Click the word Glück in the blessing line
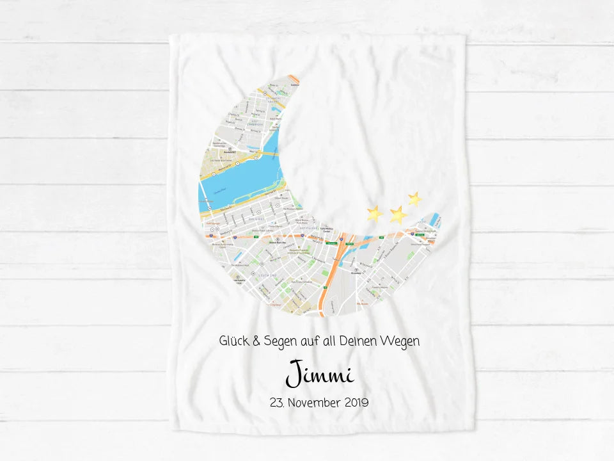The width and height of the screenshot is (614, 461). tap(233, 341)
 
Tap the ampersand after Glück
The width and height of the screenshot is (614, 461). tap(256, 341)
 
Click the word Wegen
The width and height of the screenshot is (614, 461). tap(404, 342)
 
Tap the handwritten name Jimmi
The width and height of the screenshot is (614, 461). tap(319, 374)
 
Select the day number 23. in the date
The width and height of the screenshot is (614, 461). tap(278, 403)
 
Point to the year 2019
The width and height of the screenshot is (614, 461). tap(357, 403)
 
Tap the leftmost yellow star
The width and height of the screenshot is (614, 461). tap(374, 213)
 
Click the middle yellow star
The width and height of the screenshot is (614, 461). tap(398, 214)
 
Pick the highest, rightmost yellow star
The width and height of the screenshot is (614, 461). tap(414, 198)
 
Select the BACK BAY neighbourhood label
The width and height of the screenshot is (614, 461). tap(257, 218)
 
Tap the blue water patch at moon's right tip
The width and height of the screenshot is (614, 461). tap(436, 219)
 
